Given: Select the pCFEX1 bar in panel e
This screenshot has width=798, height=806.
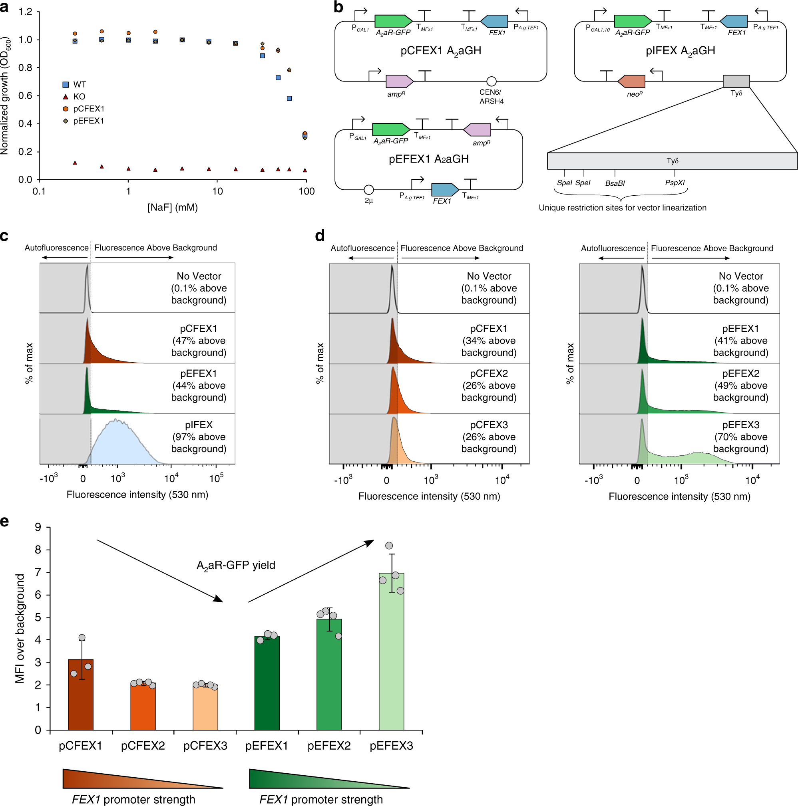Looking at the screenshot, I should click(x=81, y=695).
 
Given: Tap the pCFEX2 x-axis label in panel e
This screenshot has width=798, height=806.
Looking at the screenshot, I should click(x=143, y=746).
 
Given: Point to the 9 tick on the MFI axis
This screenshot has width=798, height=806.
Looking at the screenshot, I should click(x=38, y=527).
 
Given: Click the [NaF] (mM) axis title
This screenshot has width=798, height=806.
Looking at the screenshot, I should click(x=172, y=207).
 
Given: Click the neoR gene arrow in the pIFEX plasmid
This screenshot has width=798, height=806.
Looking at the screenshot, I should click(x=631, y=81).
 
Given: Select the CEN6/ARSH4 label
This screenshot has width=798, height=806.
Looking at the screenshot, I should click(x=491, y=97).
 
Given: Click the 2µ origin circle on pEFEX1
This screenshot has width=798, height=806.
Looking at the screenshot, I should click(x=368, y=190).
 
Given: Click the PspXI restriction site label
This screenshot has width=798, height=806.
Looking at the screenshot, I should click(x=675, y=183).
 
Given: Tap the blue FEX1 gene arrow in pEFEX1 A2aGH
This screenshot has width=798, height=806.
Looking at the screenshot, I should click(x=444, y=190).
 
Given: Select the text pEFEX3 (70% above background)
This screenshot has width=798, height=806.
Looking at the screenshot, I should click(x=740, y=437).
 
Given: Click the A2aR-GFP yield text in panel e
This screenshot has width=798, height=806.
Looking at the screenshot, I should click(x=236, y=565).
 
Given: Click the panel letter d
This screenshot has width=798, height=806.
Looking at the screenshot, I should click(x=320, y=236).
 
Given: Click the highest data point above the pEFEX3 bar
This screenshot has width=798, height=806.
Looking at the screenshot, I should click(x=389, y=546).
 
